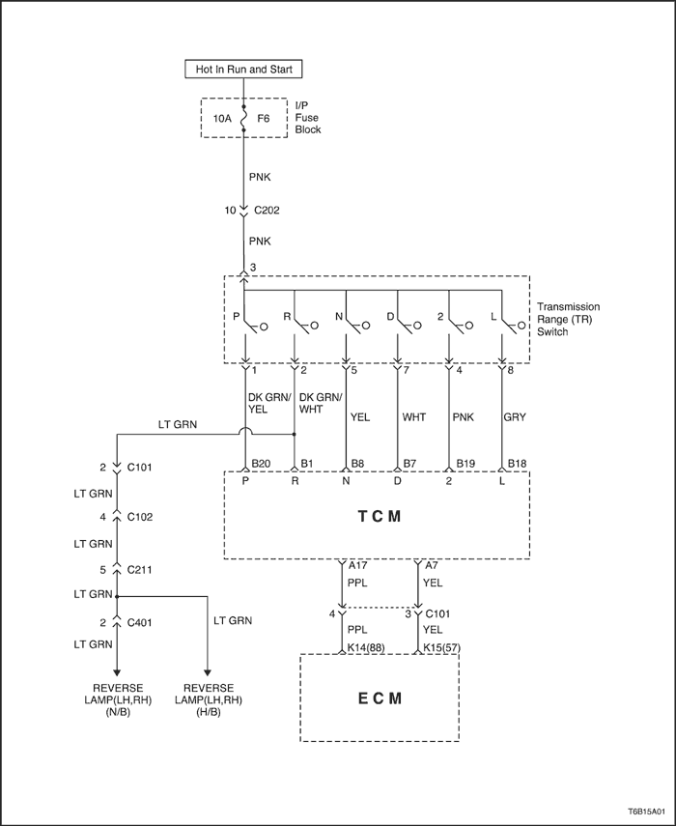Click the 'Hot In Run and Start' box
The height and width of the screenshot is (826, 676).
click(243, 69)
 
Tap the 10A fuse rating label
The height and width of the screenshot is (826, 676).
click(222, 119)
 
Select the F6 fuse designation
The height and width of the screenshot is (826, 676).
click(264, 119)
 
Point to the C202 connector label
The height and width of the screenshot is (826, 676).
click(267, 211)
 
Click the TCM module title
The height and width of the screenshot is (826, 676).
click(380, 516)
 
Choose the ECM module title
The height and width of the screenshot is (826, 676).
click(380, 698)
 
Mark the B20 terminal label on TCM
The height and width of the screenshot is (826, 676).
click(261, 464)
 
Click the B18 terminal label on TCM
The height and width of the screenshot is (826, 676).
click(517, 464)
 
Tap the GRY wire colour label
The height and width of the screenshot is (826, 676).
click(515, 417)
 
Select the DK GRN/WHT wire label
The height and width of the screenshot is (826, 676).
click(321, 403)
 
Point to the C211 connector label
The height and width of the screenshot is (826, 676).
click(139, 570)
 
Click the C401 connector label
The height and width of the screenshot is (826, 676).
click(139, 623)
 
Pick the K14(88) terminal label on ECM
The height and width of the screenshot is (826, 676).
click(366, 647)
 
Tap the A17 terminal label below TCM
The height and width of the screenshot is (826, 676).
click(358, 565)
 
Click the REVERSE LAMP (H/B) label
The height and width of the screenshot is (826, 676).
click(209, 700)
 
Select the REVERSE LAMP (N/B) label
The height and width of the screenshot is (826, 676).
click(118, 700)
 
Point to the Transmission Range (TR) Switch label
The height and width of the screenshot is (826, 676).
click(568, 319)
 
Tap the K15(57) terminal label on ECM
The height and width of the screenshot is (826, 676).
click(442, 647)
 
